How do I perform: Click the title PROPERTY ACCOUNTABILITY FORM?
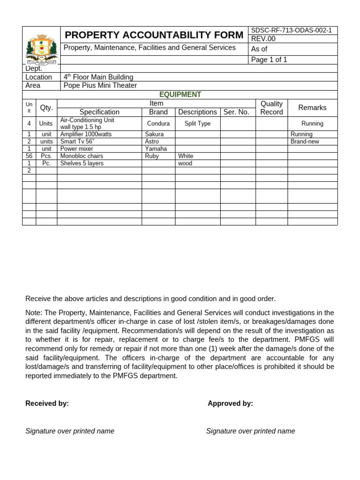click(154, 35)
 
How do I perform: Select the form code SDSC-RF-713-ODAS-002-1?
click(291, 30)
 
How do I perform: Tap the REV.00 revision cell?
click(263, 39)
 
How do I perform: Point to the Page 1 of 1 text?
click(269, 60)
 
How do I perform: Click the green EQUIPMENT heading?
click(180, 94)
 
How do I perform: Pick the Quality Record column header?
click(271, 108)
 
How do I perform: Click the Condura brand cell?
click(158, 124)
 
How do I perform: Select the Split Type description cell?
click(197, 124)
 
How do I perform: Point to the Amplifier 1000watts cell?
click(86, 134)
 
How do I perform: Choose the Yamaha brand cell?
click(156, 149)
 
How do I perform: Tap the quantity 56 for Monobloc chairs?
click(29, 156)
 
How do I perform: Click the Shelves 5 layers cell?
click(82, 164)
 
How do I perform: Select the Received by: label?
click(47, 404)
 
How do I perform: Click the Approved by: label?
click(230, 404)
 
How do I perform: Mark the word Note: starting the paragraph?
click(34, 313)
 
